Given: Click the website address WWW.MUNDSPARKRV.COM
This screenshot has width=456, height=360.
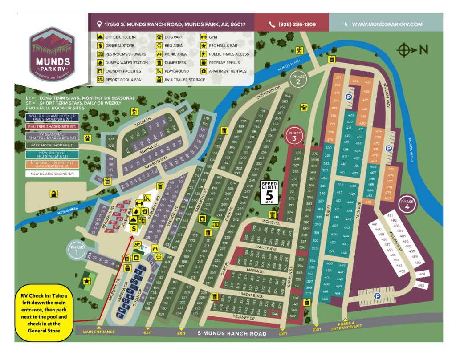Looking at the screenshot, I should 387,24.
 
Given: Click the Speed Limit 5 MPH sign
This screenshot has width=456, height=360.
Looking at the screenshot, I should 269,192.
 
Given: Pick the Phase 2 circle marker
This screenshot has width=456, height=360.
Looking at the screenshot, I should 298,79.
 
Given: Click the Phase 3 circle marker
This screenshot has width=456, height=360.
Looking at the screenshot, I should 294,135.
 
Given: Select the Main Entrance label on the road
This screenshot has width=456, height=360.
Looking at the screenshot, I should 98,332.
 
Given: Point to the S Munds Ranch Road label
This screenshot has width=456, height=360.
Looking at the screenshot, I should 232,333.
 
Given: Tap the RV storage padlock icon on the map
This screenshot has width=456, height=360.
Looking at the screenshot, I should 53,193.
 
